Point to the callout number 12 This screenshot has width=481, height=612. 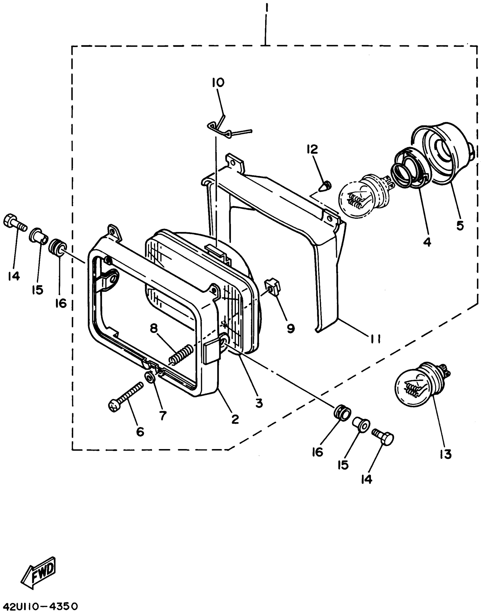pos(312,149)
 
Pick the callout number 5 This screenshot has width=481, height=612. pos(460,226)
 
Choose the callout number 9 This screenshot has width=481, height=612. pos(291,328)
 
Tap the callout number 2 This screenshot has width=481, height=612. pos(235,419)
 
